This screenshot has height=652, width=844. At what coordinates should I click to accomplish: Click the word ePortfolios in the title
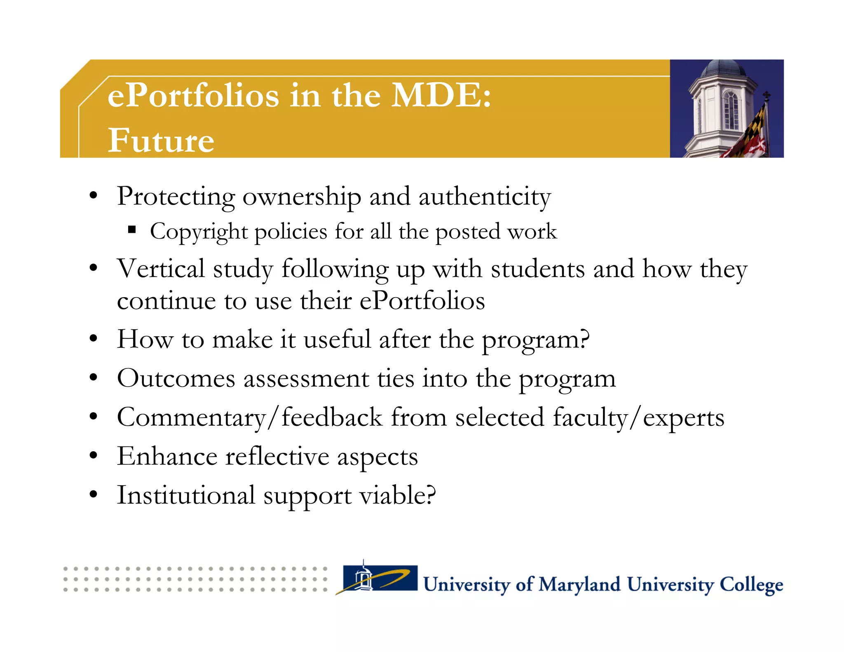coord(193,96)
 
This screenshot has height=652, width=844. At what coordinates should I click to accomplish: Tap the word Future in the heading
coord(161,140)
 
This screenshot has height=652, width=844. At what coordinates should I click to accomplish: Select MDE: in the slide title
coord(441,96)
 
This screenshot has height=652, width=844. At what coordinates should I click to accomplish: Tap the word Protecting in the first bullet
coord(176,197)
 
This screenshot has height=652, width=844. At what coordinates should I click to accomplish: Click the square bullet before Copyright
coord(132,230)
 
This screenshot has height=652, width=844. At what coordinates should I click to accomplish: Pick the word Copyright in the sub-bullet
coord(199,232)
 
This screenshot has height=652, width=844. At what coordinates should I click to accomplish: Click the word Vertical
coord(161,269)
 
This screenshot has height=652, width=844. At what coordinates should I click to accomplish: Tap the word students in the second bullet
coord(537,269)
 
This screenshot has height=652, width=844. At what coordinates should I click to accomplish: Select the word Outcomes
coord(176,378)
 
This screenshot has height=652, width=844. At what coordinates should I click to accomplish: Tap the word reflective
coord(277,457)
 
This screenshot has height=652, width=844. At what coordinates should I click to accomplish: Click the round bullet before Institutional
coord(94,494)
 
